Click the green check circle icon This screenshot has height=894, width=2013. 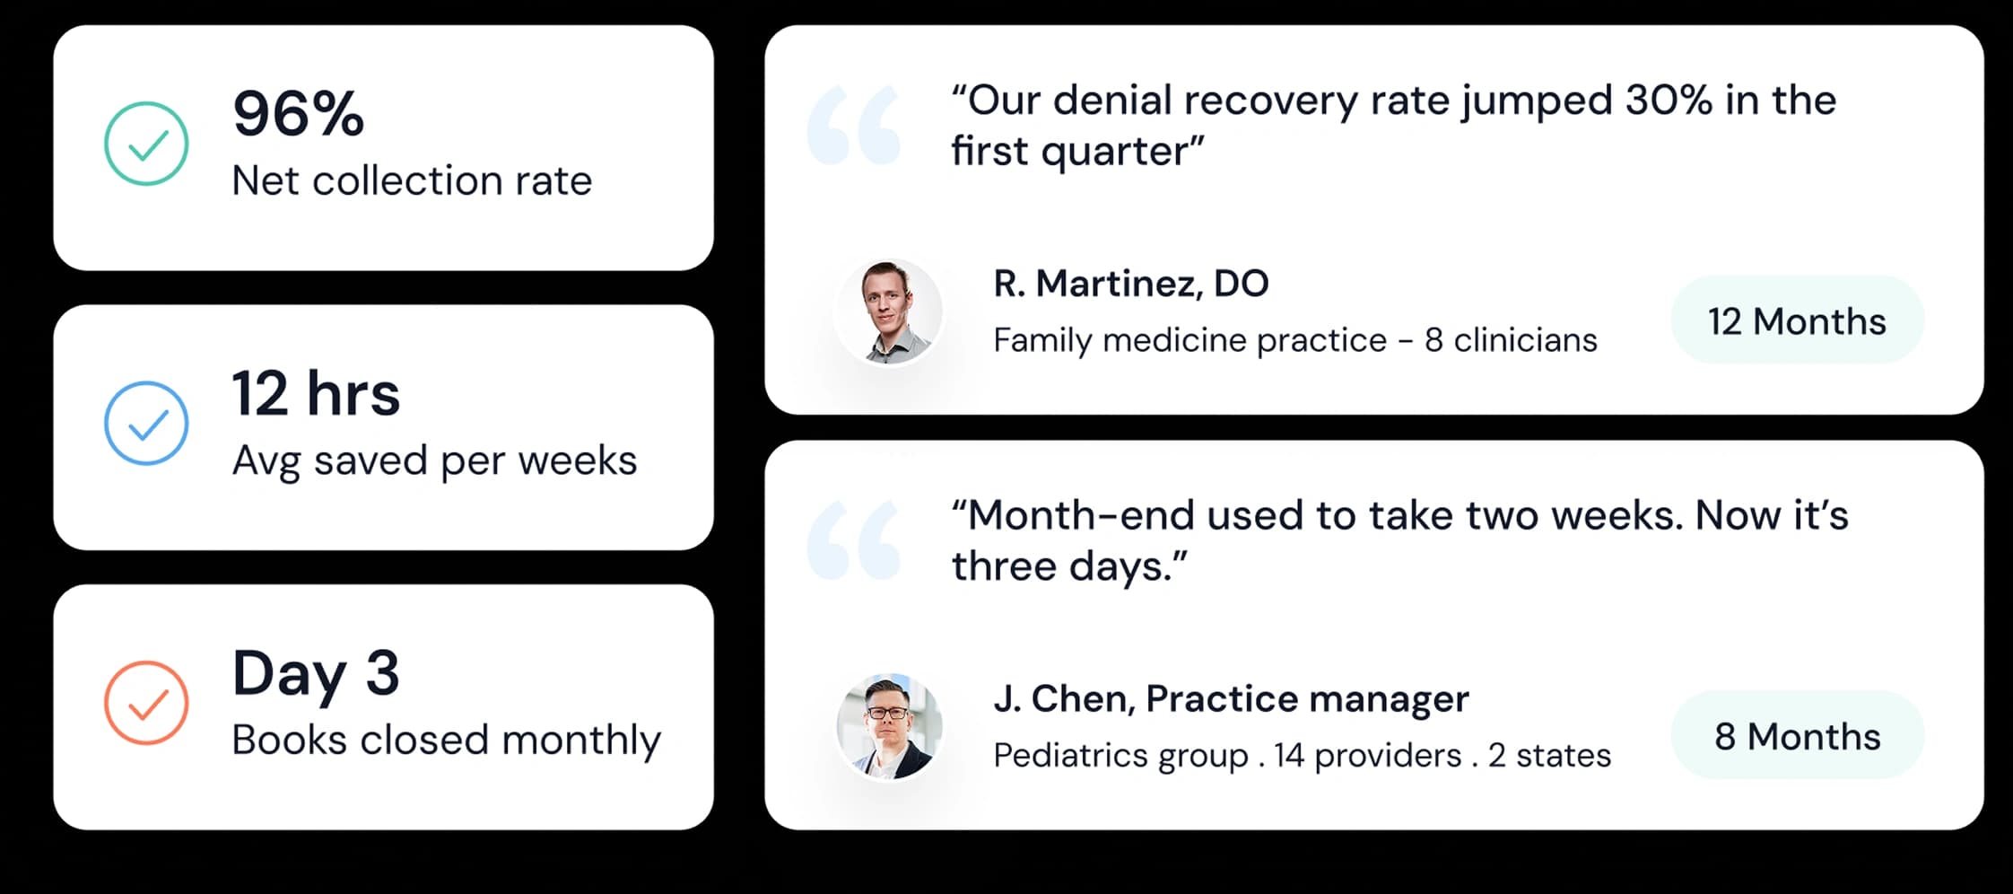click(146, 144)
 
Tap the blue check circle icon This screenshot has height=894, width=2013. click(146, 423)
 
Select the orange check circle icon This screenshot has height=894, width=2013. click(146, 703)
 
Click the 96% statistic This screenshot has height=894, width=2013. click(298, 114)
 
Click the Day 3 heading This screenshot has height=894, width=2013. click(316, 673)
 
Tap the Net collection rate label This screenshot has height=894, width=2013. click(412, 180)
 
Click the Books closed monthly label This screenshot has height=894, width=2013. click(446, 741)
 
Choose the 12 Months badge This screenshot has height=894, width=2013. click(1797, 320)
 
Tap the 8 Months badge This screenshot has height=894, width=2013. click(1797, 736)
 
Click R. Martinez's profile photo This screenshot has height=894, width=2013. click(889, 311)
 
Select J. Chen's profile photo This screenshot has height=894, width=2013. click(889, 726)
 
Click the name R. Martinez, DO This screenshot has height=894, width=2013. click(1130, 284)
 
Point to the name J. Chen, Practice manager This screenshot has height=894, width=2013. click(1231, 698)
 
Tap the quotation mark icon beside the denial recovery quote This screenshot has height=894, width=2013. click(853, 126)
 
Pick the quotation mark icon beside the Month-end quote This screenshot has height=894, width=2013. click(853, 540)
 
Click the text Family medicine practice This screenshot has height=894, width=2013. click(1189, 340)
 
